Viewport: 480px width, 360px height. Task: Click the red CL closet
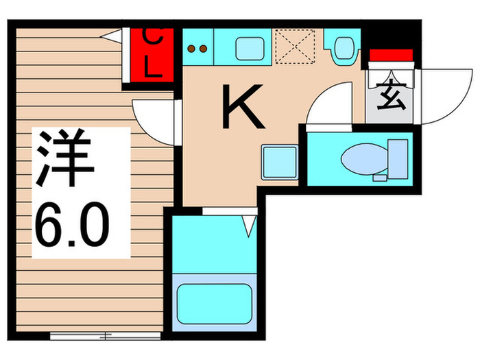[x=152, y=54]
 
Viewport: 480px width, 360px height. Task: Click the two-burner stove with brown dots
[x=197, y=47]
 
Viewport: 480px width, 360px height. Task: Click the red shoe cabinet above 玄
[x=389, y=55]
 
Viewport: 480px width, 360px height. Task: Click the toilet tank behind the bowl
[x=398, y=157]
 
